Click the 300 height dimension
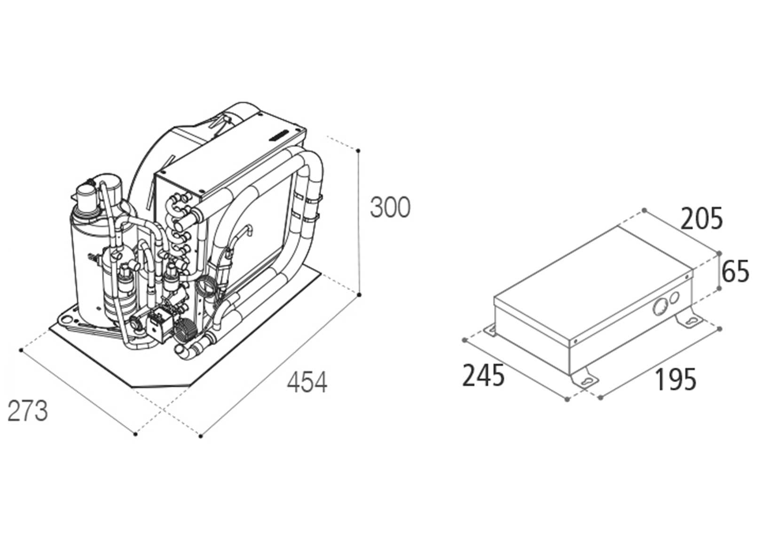(390, 207)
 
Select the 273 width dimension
(28, 411)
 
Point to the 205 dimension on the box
(701, 219)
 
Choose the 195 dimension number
(676, 379)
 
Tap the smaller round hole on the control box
(675, 297)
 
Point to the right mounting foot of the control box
(689, 320)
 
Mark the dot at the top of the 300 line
(359, 150)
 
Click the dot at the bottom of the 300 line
(359, 295)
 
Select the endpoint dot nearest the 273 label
(21, 350)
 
